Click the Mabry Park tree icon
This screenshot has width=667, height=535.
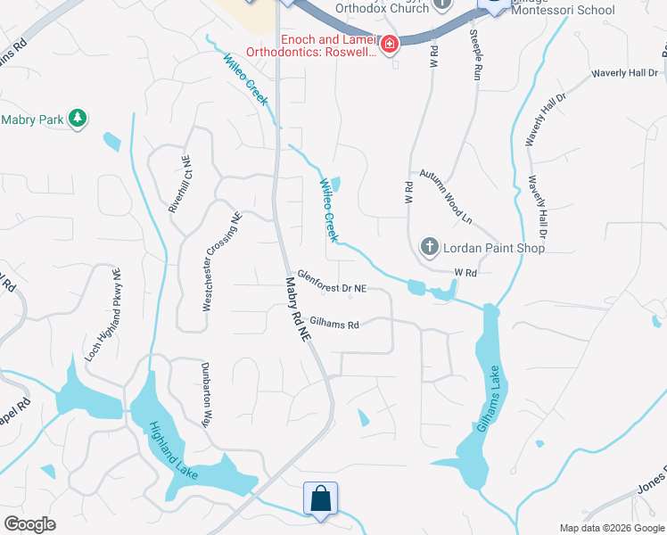coord(78,119)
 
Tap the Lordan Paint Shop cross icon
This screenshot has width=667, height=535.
coord(428,247)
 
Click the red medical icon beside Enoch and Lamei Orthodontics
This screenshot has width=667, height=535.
coord(389,45)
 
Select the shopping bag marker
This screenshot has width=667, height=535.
coord(320,500)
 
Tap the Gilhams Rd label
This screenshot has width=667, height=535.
coord(333,325)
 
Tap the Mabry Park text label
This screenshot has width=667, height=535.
coord(34,119)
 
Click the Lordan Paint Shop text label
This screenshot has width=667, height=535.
coord(494,248)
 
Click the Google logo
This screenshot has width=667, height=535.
coord(29,524)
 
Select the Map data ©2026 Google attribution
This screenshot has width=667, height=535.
coord(612,528)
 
